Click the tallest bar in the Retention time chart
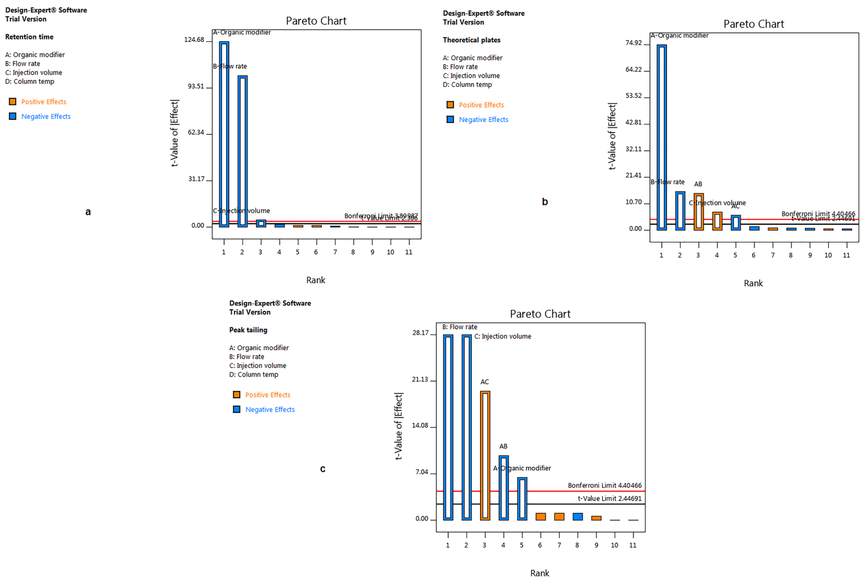point(224,134)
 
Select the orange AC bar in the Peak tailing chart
point(485,455)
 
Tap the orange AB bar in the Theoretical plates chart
point(698,212)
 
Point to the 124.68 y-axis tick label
point(194,40)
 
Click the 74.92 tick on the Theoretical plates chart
point(634,43)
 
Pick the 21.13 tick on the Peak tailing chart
point(420,380)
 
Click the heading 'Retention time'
point(29,37)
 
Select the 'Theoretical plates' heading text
point(471,40)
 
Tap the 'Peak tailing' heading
point(248,330)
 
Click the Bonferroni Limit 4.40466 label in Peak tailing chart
point(604,486)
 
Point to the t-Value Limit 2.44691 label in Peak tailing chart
point(609,498)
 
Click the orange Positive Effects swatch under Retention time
point(13,102)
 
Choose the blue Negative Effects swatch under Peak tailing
point(237,409)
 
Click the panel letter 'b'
point(544,202)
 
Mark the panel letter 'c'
point(323,469)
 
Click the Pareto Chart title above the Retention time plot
point(316,21)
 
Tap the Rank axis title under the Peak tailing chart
point(540,573)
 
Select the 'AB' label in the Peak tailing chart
point(503,446)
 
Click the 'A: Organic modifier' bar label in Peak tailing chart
point(522,468)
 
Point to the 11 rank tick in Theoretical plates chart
point(846,255)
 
